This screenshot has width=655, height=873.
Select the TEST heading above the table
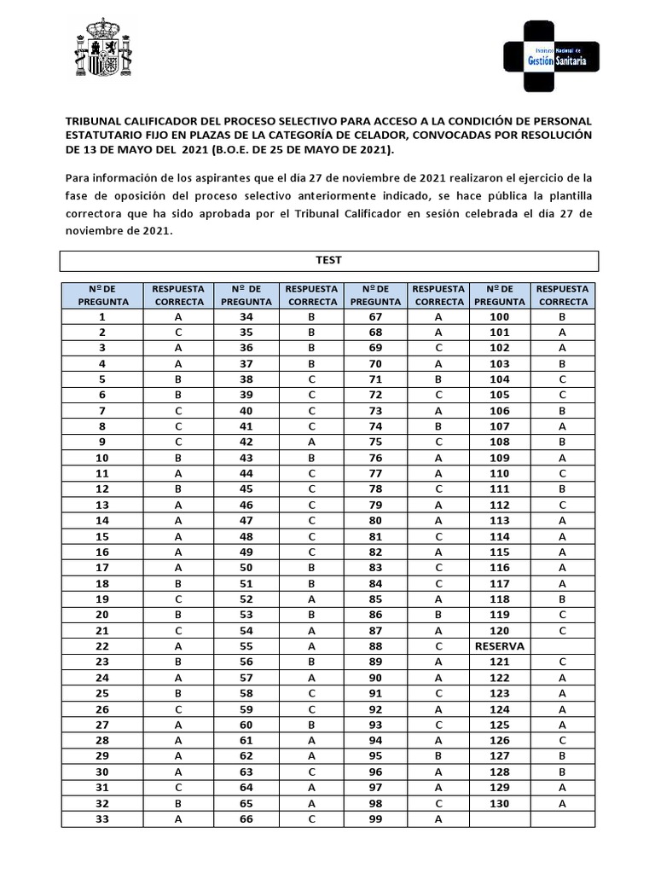point(328,260)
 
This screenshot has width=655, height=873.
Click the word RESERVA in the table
point(500,645)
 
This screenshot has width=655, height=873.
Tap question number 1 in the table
point(102,315)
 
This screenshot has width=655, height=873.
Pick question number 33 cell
point(102,819)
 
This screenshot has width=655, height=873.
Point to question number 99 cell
point(374,819)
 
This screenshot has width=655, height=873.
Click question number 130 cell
point(500,803)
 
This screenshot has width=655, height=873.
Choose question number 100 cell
point(500,315)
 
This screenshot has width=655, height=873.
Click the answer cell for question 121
point(563,662)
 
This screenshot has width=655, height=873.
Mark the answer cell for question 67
point(438,315)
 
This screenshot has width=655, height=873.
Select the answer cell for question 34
point(312,315)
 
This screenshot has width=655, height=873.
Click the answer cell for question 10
point(177,457)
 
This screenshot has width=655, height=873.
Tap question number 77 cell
point(374,472)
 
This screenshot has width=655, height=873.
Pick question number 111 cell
point(500,489)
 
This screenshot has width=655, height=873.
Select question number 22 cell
point(102,645)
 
